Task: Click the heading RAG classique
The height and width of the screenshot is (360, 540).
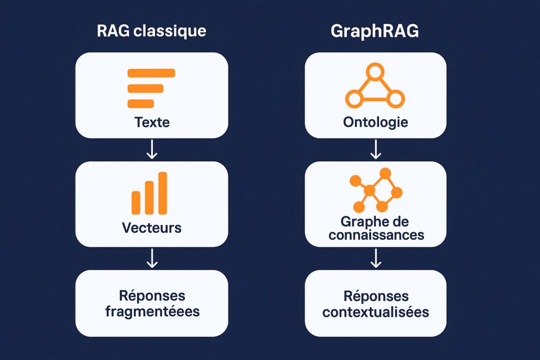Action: (x=151, y=31)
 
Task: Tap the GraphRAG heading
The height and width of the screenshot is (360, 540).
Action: (x=375, y=31)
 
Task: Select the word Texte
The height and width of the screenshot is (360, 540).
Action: (x=152, y=122)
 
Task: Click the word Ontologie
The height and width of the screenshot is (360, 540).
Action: (x=375, y=122)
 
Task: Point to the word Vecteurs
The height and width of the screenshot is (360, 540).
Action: (x=151, y=228)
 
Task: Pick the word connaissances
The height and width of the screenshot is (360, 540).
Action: (x=376, y=235)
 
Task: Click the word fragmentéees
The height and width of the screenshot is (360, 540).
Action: (x=152, y=312)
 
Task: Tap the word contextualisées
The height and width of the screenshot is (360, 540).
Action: (x=375, y=312)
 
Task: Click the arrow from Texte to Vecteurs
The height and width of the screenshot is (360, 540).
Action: (x=152, y=149)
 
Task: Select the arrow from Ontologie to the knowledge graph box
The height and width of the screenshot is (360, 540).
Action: (x=375, y=149)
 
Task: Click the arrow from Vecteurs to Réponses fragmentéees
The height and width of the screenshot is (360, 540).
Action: (x=152, y=258)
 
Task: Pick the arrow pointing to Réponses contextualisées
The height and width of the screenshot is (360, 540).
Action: (x=375, y=258)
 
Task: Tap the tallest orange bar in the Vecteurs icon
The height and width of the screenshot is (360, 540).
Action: (x=162, y=193)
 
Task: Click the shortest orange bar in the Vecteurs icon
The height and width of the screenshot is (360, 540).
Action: (x=136, y=203)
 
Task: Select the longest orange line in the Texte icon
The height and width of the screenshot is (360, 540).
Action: (x=151, y=73)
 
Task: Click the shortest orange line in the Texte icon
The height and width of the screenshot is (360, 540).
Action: (x=141, y=104)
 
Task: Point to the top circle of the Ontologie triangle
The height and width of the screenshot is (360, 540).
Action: (x=375, y=72)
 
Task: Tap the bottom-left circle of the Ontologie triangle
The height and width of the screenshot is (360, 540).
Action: (x=354, y=99)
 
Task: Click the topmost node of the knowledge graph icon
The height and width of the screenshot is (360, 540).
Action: (x=385, y=173)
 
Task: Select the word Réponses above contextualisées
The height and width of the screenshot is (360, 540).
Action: (x=376, y=296)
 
